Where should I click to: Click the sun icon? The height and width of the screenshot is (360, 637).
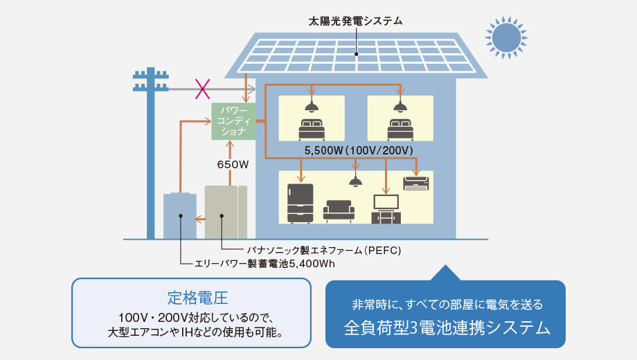pyautogui.click(x=506, y=38)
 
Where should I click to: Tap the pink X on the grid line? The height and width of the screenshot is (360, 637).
pyautogui.click(x=202, y=89)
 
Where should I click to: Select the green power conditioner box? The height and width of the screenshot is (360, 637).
pyautogui.click(x=233, y=121)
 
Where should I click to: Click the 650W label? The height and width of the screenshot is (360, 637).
pyautogui.click(x=233, y=165)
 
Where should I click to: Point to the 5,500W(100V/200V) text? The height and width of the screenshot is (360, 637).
pyautogui.click(x=359, y=150)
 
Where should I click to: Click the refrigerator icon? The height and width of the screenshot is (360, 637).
pyautogui.click(x=300, y=202)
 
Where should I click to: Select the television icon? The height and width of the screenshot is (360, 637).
pyautogui.click(x=386, y=208)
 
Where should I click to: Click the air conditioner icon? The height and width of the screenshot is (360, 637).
pyautogui.click(x=416, y=183)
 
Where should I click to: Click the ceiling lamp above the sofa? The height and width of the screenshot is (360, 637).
pyautogui.click(x=356, y=181)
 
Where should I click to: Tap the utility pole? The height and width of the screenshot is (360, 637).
pyautogui.click(x=150, y=152)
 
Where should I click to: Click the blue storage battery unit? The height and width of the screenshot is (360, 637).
pyautogui.click(x=180, y=216)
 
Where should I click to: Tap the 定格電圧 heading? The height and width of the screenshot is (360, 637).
pyautogui.click(x=191, y=298)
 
